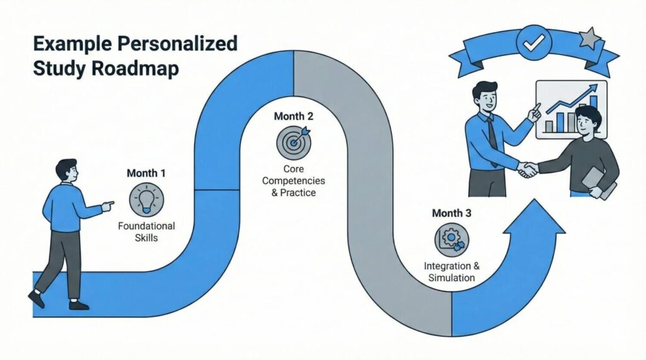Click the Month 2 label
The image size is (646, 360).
pyautogui.click(x=293, y=117)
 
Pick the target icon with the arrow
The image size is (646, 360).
pyautogui.click(x=293, y=142)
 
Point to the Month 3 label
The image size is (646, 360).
pyautogui.click(x=451, y=213)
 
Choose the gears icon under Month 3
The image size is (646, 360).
pyautogui.click(x=451, y=241)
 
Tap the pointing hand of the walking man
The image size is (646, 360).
pyautogui.click(x=108, y=204)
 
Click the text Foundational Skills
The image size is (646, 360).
pyautogui.click(x=146, y=232)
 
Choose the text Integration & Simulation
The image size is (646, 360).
pyautogui.click(x=451, y=272)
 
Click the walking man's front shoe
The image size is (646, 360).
pyautogui.click(x=79, y=305)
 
